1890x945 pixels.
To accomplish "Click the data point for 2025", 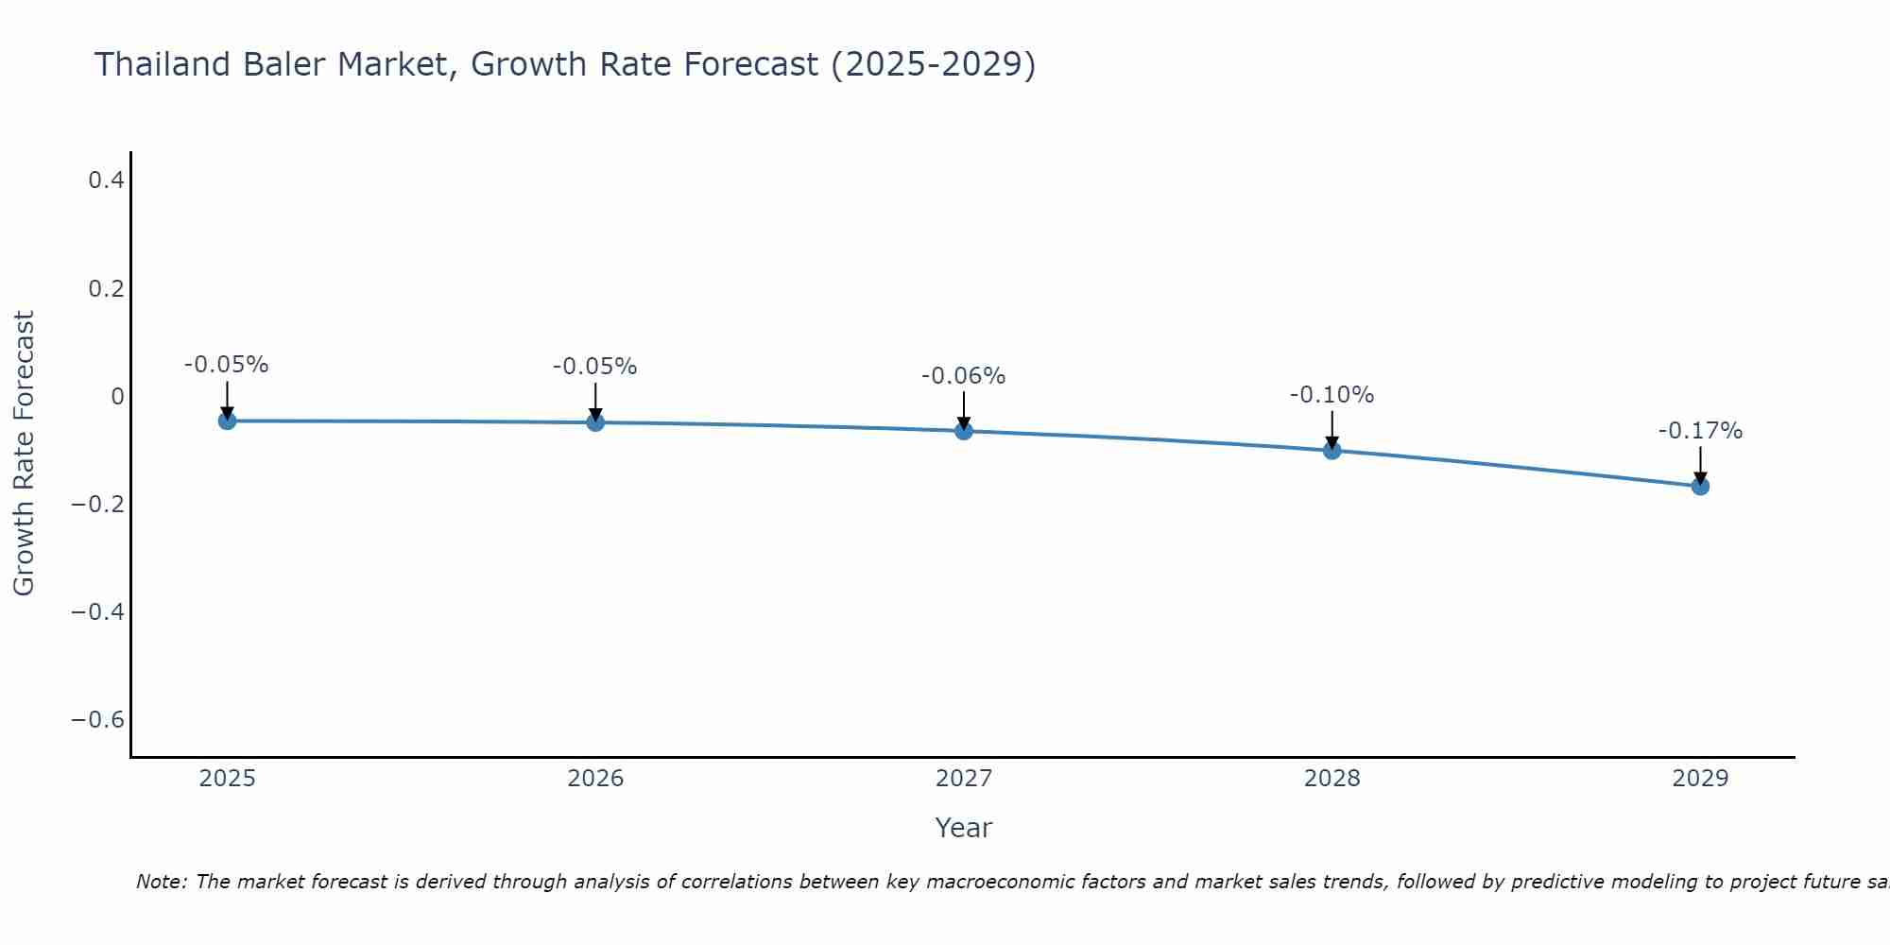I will (227, 421).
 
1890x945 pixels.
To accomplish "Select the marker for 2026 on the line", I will (595, 422).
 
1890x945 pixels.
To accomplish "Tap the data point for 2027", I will (964, 431).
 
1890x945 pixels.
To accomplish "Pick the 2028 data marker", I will (1332, 451).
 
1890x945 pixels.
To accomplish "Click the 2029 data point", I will (1700, 487).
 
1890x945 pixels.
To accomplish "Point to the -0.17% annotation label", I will (1700, 431).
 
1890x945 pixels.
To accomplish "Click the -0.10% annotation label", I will (1332, 395).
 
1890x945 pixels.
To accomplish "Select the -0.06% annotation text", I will (963, 376).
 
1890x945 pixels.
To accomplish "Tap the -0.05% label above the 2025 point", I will (226, 365).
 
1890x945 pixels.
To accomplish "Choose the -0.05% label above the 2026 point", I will (594, 367).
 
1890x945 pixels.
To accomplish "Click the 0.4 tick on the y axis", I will (107, 180).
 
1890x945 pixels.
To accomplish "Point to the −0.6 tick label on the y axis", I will (98, 720).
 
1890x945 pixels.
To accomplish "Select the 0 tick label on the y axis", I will (117, 396).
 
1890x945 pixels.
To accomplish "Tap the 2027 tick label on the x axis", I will (963, 779).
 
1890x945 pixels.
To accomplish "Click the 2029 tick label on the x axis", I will (1700, 779).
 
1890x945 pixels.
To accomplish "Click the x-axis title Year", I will (963, 828).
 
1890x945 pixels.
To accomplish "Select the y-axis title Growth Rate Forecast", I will (24, 454).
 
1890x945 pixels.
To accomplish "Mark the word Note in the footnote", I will (162, 882).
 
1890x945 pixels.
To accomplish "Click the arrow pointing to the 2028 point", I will (1332, 427).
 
